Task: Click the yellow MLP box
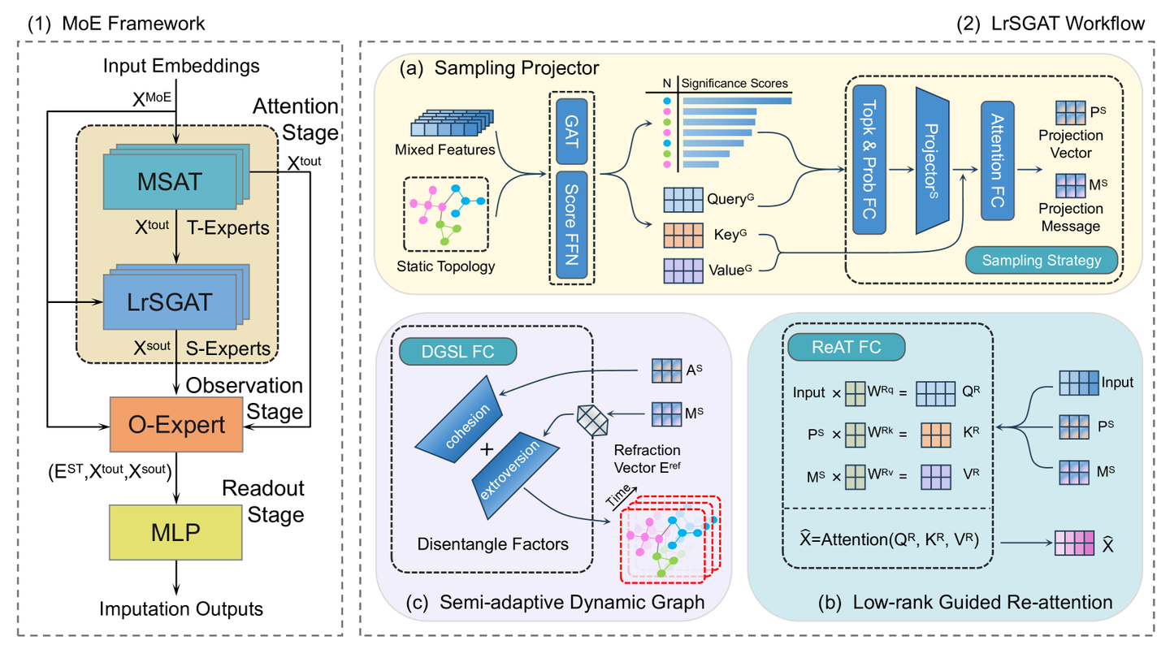point(175,530)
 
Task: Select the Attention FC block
point(998,161)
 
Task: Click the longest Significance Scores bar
point(736,101)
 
